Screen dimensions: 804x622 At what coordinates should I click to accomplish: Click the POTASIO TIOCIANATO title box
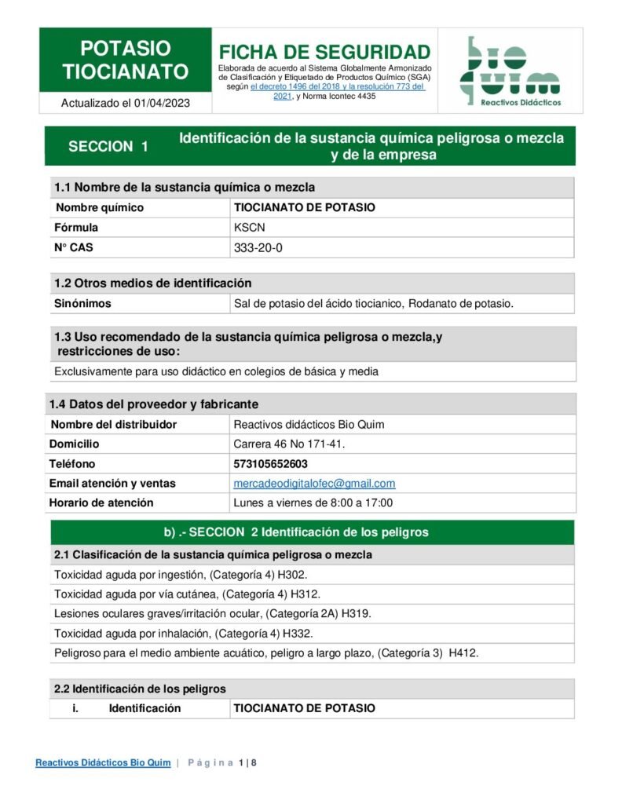click(126, 60)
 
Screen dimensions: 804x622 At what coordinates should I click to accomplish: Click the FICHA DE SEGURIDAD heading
click(324, 52)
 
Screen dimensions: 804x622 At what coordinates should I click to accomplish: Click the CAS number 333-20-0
click(258, 248)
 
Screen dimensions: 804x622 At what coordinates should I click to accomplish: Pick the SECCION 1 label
click(108, 146)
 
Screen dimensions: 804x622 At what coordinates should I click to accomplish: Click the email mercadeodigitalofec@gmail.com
click(314, 484)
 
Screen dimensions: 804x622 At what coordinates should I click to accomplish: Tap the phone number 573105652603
click(271, 464)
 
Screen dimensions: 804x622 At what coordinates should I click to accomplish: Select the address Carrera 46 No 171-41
click(289, 444)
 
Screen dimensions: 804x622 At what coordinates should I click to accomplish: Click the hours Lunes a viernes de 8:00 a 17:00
click(313, 503)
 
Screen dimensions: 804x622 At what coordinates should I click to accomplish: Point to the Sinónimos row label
click(82, 303)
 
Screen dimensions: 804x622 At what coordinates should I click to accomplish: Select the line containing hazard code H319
click(212, 614)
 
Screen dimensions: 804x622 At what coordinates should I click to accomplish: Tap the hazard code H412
click(463, 653)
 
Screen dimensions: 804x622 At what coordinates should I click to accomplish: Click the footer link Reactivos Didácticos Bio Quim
click(103, 762)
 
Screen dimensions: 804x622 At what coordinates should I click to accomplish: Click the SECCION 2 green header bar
click(312, 532)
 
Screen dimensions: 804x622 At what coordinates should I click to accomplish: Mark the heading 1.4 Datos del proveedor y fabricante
click(154, 404)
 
